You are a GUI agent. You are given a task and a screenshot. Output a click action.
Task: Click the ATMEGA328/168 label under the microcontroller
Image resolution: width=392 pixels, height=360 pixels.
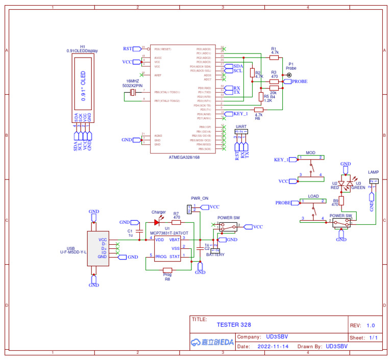pos(184,158)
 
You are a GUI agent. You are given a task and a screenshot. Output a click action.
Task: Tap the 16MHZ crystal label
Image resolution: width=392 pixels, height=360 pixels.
pos(132,82)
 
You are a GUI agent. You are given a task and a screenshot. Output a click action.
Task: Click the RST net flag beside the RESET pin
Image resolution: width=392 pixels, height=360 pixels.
pos(128,49)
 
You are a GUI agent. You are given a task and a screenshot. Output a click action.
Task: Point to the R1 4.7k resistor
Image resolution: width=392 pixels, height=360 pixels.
pos(274,57)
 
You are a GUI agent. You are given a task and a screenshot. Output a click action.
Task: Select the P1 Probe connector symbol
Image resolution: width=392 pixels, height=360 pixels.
pos(289,75)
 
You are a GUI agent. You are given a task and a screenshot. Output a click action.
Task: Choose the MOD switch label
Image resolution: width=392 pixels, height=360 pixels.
pos(310,153)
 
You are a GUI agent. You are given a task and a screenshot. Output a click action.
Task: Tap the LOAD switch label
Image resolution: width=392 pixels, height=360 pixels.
pos(313,196)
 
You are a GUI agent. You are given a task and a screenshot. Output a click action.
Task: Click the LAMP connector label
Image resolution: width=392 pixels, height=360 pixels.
pos(373,173)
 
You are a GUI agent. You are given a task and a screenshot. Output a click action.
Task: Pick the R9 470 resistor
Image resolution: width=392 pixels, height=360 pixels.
pos(341,200)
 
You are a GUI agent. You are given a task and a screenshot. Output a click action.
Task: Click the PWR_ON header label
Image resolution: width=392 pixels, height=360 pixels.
pos(199,198)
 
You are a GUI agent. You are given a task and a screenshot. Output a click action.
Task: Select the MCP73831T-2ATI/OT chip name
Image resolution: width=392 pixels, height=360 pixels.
pos(169,233)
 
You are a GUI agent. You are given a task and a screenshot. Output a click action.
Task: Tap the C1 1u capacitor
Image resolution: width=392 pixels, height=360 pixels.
pos(138,233)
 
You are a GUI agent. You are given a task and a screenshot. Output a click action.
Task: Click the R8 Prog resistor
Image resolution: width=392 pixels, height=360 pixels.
pos(167,270)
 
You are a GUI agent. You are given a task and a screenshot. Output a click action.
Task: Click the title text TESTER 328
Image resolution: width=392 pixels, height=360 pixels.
pos(234,325)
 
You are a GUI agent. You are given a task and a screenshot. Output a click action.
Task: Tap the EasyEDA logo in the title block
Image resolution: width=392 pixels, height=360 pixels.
pos(211,342)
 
